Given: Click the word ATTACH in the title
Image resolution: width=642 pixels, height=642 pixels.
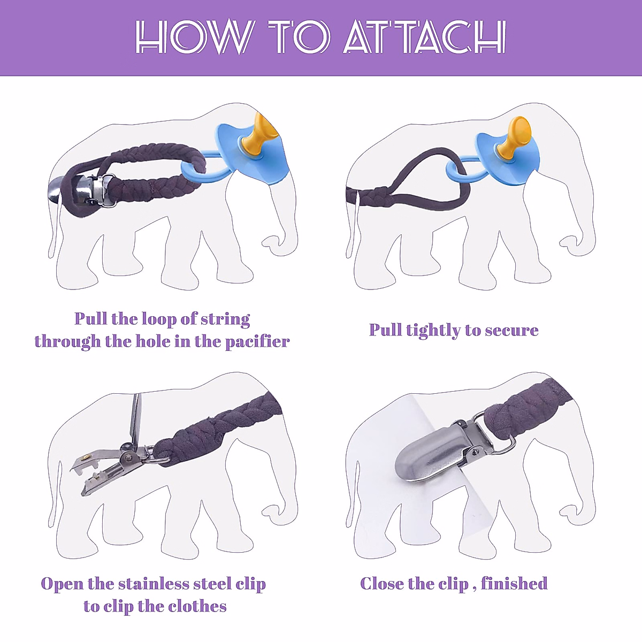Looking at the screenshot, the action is tap(424, 37).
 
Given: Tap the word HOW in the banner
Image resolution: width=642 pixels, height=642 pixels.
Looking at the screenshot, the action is tap(193, 37).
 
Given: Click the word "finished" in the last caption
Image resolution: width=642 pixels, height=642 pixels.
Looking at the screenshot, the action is tap(514, 583).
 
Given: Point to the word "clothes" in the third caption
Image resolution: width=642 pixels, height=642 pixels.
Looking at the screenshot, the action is tap(197, 606).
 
